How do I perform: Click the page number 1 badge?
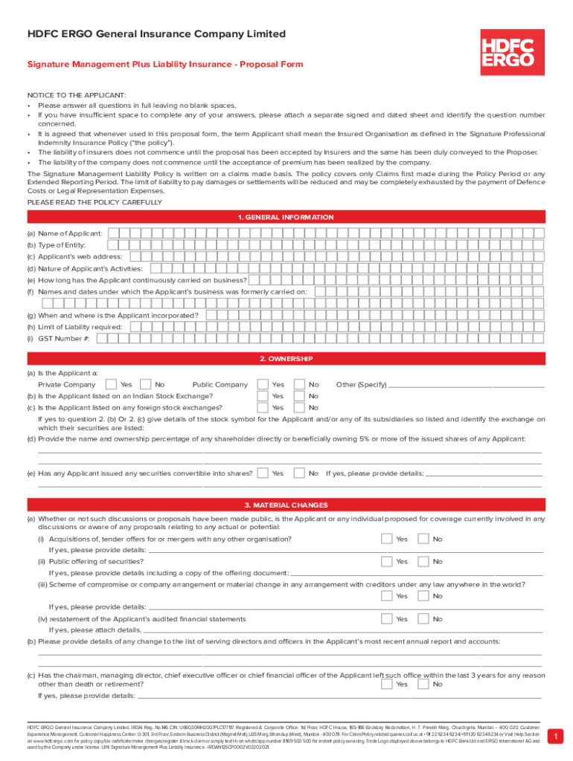[x=552, y=736]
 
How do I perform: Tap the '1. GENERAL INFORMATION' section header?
[x=286, y=217]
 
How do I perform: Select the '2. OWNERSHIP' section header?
[x=286, y=359]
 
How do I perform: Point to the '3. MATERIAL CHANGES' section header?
[x=286, y=505]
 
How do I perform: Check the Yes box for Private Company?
[x=111, y=384]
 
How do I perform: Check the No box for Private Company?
[x=146, y=384]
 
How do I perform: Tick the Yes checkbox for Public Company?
[x=263, y=384]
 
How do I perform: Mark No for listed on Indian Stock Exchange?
[x=299, y=396]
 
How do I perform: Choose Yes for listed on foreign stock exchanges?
[x=263, y=407]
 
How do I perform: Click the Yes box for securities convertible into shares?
[x=263, y=473]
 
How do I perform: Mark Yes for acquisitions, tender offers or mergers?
[x=386, y=539]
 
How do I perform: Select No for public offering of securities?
[x=423, y=562]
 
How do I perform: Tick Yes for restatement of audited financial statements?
[x=386, y=619]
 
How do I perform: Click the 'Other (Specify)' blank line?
[x=467, y=386]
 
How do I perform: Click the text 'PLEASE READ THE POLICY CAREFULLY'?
[x=95, y=202]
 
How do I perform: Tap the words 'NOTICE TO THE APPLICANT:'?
[x=77, y=95]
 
